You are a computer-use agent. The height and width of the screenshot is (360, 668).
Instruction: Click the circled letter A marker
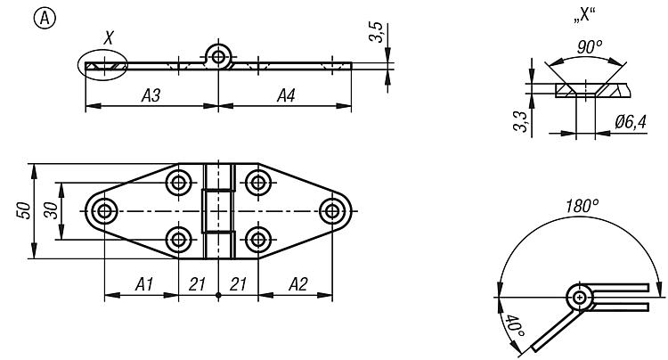(45, 19)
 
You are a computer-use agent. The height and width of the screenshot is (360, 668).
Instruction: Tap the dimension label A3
(151, 95)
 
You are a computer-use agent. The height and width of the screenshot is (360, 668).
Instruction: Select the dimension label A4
(286, 95)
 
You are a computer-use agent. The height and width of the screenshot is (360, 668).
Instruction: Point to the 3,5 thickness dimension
(376, 32)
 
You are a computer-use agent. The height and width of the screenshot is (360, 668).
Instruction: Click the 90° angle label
(590, 47)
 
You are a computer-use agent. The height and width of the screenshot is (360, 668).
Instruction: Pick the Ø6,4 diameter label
(631, 123)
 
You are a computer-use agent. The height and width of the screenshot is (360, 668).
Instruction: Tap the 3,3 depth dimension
(520, 122)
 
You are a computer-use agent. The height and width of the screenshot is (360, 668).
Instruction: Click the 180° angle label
(582, 206)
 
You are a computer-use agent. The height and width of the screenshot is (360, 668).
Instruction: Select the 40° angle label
(515, 326)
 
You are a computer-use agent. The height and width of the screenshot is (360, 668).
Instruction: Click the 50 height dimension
(24, 210)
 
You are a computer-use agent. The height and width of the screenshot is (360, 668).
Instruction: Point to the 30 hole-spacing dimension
(52, 210)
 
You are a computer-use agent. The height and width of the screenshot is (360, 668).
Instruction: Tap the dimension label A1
(144, 284)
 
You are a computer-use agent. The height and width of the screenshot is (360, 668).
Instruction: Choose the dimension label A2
(297, 284)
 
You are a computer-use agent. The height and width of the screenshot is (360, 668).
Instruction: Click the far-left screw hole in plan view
(104, 211)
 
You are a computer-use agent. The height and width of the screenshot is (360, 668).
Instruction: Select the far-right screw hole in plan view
(332, 211)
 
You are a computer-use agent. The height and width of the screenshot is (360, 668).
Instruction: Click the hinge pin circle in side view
(218, 56)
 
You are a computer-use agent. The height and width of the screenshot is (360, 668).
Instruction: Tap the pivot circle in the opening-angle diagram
(580, 297)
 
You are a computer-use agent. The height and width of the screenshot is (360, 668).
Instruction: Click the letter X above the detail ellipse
(109, 37)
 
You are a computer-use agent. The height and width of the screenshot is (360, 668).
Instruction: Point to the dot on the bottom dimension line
(218, 295)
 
